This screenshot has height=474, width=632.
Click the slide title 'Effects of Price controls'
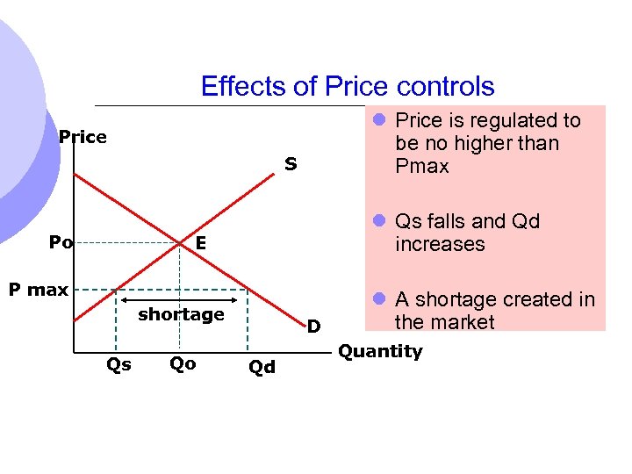348,86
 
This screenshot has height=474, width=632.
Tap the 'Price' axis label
83,137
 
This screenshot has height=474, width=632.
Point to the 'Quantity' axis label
380,351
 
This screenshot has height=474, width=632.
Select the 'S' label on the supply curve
290,163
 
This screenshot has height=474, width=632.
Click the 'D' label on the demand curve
312,327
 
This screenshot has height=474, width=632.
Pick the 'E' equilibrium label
201,243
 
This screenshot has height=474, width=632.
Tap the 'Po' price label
61,242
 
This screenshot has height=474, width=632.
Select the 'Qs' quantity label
118,363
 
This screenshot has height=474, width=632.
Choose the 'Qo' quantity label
183,363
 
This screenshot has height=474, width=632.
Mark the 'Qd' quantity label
262,367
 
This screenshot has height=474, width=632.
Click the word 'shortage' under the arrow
182,314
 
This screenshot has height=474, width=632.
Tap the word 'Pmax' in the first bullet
422,166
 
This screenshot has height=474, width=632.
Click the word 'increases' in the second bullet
440,244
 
